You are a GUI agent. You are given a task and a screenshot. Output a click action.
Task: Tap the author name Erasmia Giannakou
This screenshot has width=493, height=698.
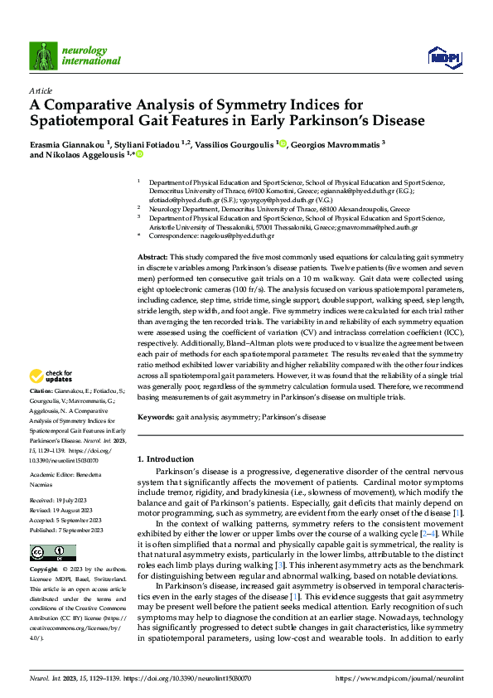click(x=65, y=143)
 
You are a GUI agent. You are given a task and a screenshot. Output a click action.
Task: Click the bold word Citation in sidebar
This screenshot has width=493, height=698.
click(x=43, y=390)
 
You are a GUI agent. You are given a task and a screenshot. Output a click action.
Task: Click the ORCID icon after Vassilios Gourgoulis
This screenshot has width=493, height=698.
click(x=283, y=143)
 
